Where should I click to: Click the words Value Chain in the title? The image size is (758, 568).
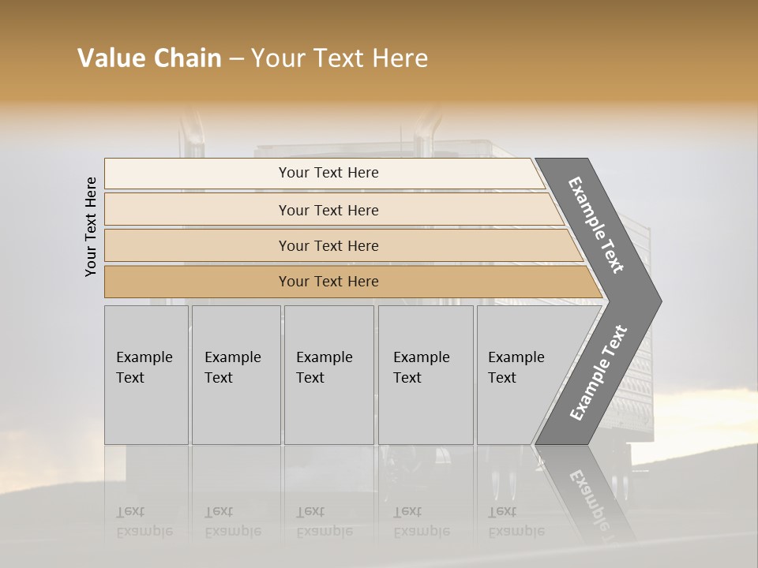(x=149, y=58)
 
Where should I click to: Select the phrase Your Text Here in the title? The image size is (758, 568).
(x=340, y=58)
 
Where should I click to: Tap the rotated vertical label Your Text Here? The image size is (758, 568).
(x=91, y=226)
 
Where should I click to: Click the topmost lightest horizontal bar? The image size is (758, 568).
(x=328, y=173)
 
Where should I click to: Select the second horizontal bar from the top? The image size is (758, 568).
(x=328, y=210)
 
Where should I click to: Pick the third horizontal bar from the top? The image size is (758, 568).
(x=328, y=245)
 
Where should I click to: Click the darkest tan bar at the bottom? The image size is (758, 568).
(x=328, y=282)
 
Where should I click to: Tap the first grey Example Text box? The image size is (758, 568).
(x=146, y=375)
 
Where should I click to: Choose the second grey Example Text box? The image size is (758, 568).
(x=235, y=375)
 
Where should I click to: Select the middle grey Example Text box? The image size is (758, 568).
(x=328, y=375)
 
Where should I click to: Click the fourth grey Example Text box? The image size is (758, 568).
(x=426, y=375)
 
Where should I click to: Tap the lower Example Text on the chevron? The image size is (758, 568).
(x=599, y=373)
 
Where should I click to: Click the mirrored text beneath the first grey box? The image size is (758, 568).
(x=144, y=521)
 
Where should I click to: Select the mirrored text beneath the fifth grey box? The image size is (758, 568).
(x=516, y=521)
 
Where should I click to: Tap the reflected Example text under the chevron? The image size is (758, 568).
(x=592, y=497)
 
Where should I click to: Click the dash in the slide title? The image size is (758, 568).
(x=235, y=59)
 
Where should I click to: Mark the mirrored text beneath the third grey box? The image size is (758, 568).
(x=324, y=521)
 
